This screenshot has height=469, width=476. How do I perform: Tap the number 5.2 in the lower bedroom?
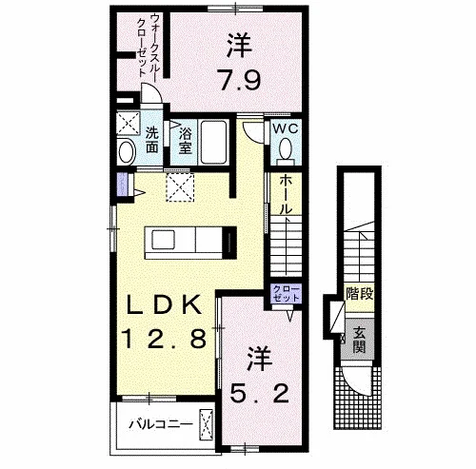click(x=259, y=394)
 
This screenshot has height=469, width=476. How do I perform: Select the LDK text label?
click(x=164, y=304)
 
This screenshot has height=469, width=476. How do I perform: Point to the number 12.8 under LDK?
click(x=165, y=339)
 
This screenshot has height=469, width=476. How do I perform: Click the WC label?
click(x=286, y=128)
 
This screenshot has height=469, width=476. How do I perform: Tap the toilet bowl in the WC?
click(x=286, y=149)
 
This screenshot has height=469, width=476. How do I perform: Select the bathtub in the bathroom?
click(x=213, y=142)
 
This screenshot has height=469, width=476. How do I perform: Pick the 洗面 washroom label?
click(x=152, y=140)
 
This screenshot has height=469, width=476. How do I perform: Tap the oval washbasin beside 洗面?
click(x=127, y=152)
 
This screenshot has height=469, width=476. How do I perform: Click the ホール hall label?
click(x=286, y=195)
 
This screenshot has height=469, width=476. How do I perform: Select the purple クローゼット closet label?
click(x=286, y=294)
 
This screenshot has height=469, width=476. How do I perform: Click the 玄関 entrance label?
click(x=359, y=341)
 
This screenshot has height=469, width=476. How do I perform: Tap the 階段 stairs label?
click(x=359, y=294)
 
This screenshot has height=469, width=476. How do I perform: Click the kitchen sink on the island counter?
click(x=163, y=240)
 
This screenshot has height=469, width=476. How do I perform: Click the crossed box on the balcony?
click(x=206, y=425)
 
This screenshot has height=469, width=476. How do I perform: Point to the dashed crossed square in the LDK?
click(x=180, y=187)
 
